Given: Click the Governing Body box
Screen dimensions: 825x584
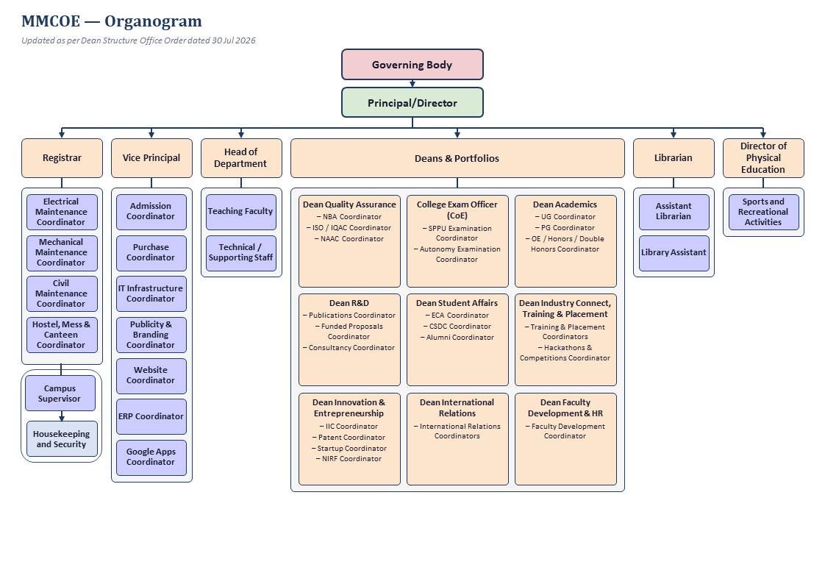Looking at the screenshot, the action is [x=412, y=65].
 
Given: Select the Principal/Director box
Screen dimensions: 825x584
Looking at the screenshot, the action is [x=412, y=102].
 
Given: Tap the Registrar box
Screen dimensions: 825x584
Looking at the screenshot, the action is [x=62, y=158].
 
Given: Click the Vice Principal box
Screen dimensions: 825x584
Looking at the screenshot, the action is [x=151, y=158].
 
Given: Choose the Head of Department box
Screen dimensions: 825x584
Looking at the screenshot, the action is [x=241, y=158].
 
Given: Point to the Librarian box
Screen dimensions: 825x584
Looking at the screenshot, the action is [x=674, y=158].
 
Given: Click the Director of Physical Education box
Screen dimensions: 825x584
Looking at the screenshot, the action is [x=763, y=158].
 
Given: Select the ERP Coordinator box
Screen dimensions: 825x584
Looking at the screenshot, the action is [x=151, y=416].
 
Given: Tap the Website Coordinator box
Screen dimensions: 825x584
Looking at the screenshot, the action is [x=151, y=376].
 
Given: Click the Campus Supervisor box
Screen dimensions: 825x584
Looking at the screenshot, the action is [x=60, y=393].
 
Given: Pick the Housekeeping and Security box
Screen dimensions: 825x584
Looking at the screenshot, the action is [x=62, y=439].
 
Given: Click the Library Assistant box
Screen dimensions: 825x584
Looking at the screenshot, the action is [x=674, y=253].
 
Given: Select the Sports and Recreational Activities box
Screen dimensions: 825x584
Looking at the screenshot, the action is [x=763, y=212].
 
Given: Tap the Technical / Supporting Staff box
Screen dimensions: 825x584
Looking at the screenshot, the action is [x=241, y=253].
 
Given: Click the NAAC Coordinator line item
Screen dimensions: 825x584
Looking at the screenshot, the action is [x=349, y=239].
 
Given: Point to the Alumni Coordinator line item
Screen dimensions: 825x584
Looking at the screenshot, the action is [x=457, y=338].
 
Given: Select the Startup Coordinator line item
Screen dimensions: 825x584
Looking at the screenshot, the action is [x=349, y=448].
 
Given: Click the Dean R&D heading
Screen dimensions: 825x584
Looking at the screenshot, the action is [x=349, y=303].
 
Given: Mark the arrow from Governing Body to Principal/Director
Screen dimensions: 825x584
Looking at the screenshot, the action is [x=413, y=84].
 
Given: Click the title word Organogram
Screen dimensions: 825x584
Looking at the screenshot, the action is [x=153, y=21].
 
